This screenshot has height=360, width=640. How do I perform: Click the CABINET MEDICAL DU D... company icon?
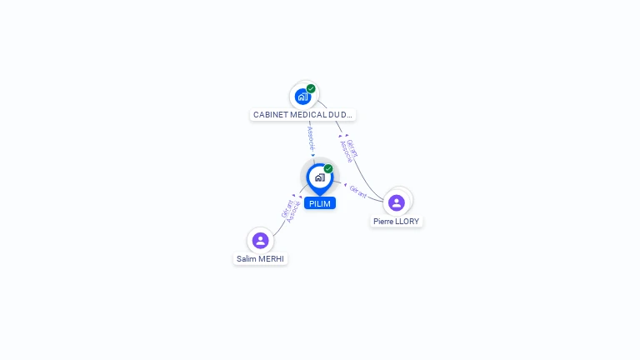(303, 97)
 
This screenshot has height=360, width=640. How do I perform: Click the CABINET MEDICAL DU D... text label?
(302, 115)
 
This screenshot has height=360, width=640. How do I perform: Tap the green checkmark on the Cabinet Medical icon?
(311, 88)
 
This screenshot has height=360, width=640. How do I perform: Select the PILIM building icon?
(319, 177)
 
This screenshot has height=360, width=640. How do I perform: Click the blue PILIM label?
(319, 203)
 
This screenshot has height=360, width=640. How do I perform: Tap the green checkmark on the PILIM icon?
(328, 168)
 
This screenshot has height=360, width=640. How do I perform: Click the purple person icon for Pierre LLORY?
(397, 202)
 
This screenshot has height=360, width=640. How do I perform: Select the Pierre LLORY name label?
(397, 222)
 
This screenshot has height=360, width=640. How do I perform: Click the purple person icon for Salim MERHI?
(260, 240)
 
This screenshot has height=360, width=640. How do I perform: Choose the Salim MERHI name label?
(260, 259)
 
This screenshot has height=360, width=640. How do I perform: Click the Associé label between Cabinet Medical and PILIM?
(311, 138)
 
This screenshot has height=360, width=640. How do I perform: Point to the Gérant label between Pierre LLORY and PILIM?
(358, 191)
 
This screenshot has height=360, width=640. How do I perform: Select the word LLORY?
(407, 222)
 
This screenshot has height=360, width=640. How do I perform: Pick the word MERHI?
(271, 259)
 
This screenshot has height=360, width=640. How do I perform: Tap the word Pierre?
(383, 222)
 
